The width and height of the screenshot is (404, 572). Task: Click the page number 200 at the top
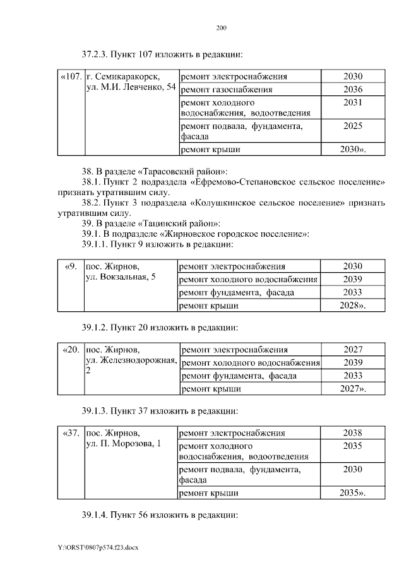tap(221, 28)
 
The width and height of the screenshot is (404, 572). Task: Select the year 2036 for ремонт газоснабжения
tap(353, 89)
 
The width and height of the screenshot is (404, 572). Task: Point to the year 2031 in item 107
tap(353, 102)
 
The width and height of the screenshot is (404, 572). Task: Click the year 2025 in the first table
tap(353, 126)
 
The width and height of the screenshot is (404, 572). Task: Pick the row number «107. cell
tap(70, 77)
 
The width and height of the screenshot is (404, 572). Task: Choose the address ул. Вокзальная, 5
tap(121, 278)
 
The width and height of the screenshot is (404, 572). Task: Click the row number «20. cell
tap(71, 349)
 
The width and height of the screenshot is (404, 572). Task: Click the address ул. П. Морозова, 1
tap(123, 444)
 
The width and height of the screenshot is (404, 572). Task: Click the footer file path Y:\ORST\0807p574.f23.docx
tap(97, 547)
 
